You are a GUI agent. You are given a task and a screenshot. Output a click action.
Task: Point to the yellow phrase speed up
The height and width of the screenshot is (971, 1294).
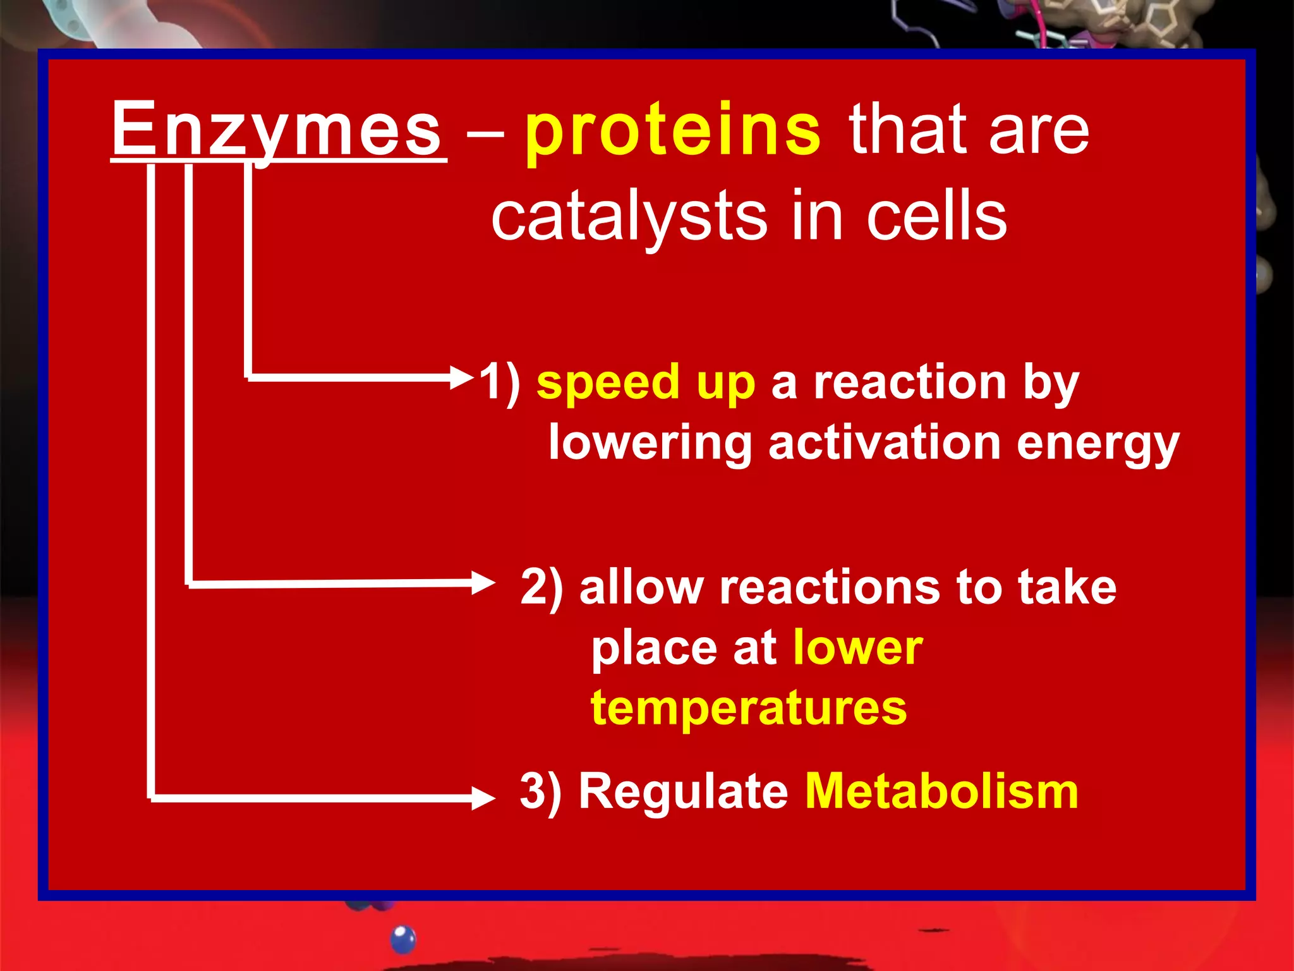click(646, 384)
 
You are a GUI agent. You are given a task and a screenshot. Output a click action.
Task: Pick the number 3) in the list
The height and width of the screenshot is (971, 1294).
click(541, 791)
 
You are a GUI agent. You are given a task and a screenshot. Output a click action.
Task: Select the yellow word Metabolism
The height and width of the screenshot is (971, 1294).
click(941, 791)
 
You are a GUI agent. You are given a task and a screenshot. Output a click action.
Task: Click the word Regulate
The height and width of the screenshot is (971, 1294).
click(684, 793)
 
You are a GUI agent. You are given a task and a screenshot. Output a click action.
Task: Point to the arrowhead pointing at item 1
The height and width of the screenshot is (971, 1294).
click(463, 378)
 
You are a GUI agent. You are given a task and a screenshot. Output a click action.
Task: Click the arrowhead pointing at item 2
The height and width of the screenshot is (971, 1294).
click(483, 582)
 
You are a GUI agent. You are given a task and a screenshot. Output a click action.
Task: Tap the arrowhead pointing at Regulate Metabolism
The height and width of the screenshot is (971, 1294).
click(483, 798)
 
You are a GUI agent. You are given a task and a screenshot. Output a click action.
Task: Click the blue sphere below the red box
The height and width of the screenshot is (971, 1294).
click(403, 939)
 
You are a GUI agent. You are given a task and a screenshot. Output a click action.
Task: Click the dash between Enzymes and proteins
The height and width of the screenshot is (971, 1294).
click(485, 134)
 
